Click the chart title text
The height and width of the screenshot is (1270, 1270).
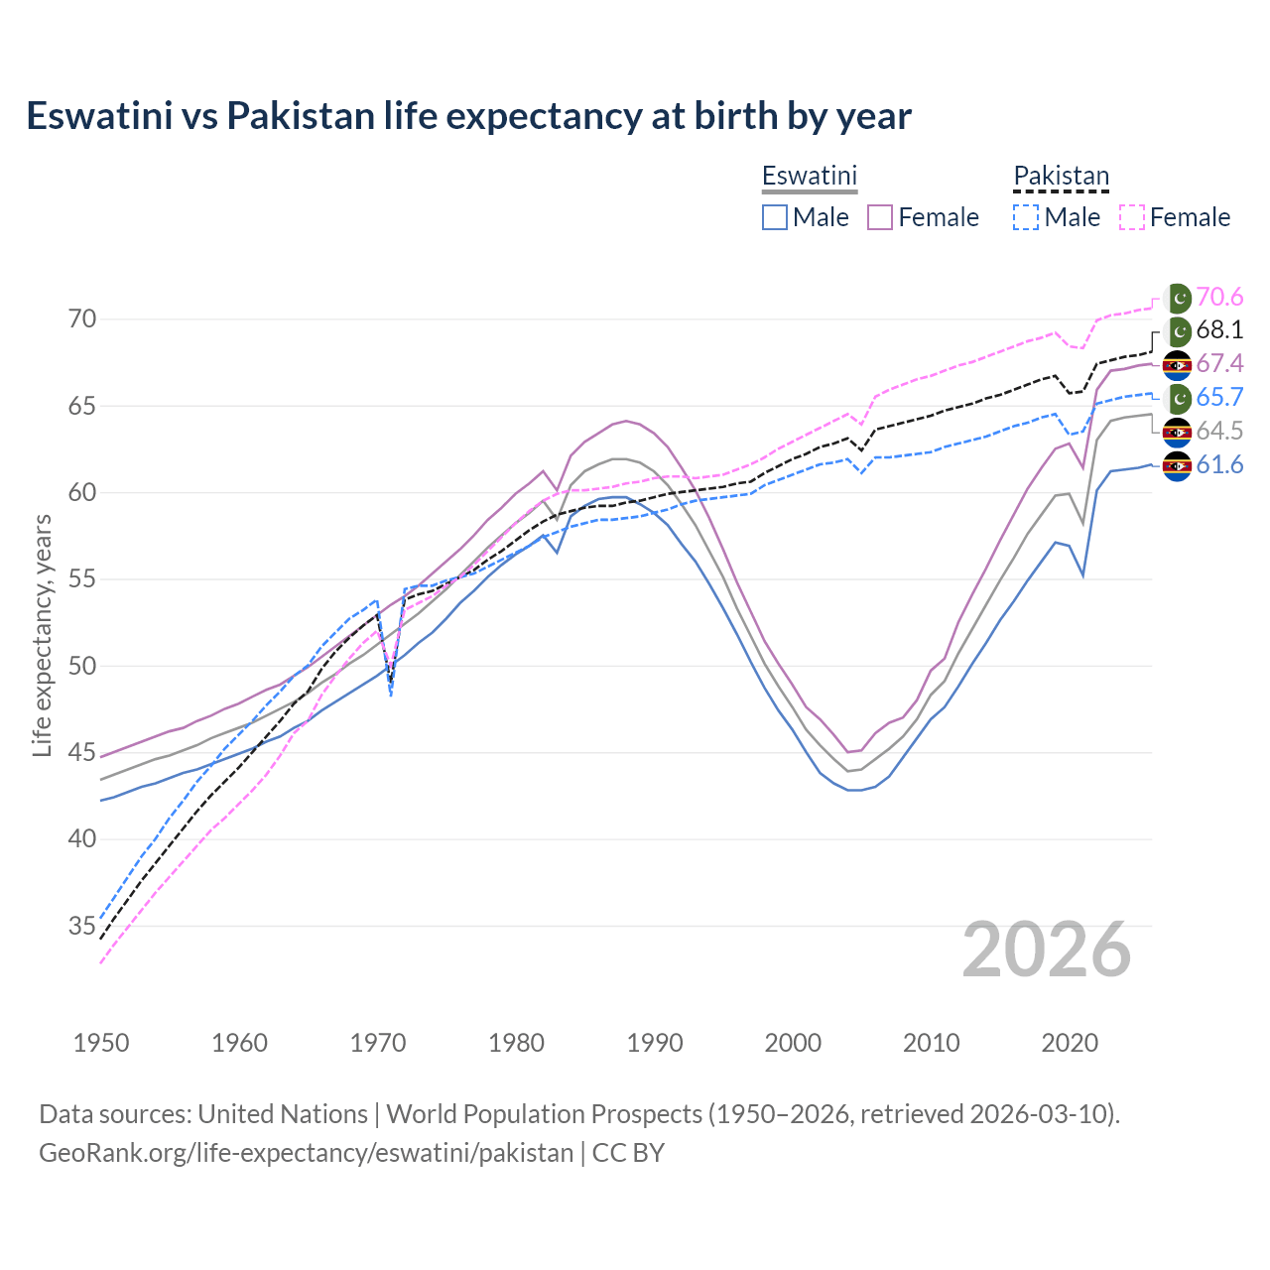[468, 116]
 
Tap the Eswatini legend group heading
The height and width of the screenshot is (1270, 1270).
[809, 176]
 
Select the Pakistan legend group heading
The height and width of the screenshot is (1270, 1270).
[1061, 176]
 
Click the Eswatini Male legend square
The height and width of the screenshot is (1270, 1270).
[775, 217]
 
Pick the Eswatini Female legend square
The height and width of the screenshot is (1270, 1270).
[880, 217]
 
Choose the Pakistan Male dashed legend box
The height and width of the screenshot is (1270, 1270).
[1026, 217]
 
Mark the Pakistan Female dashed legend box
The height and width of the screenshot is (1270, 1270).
[1132, 217]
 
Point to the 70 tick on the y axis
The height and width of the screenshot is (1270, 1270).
[82, 319]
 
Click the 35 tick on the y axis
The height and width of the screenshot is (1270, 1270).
[82, 927]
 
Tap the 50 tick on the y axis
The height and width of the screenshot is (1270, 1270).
[82, 666]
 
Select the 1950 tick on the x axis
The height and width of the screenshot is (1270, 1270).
[101, 1043]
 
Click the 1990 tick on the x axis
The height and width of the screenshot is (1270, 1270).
[655, 1043]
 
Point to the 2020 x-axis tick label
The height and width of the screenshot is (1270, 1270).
[1070, 1043]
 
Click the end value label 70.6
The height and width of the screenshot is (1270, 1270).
[1219, 298]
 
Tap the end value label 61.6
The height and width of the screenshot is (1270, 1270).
[1219, 464]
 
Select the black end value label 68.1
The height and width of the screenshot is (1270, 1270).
[1219, 330]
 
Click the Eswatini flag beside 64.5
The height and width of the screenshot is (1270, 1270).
[1178, 432]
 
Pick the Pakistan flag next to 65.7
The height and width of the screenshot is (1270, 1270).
[1178, 398]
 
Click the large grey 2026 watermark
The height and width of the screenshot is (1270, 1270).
[1047, 950]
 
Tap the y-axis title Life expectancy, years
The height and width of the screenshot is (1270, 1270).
[42, 635]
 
